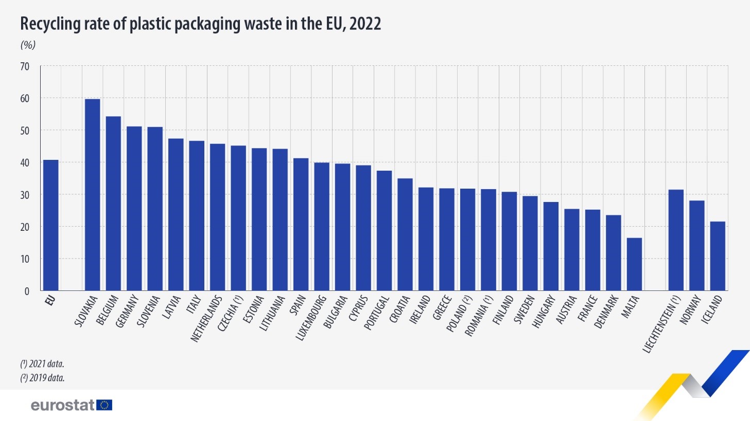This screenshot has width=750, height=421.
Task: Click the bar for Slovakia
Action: tap(92, 195)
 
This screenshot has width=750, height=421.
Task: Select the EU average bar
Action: tap(50, 226)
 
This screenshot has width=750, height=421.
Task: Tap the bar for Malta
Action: tap(634, 265)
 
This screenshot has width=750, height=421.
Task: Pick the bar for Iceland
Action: tap(718, 257)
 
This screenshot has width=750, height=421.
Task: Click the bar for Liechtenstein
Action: tap(676, 241)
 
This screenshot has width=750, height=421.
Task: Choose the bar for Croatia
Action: tap(405, 235)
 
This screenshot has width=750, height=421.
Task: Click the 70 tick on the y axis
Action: tap(25, 66)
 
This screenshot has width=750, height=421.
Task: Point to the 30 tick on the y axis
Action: tap(25, 195)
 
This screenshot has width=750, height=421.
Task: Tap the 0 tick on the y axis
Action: tap(27, 291)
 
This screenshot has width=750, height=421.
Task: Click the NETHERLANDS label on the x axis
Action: tap(206, 319)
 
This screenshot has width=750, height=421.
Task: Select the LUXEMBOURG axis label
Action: tap(311, 318)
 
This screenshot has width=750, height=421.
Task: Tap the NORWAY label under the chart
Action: tap(690, 309)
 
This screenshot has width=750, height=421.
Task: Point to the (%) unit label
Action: tap(28, 45)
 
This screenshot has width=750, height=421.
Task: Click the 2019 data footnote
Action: tap(42, 378)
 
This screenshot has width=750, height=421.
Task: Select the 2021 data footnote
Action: tap(42, 364)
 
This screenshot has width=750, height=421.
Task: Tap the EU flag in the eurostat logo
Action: tap(104, 405)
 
